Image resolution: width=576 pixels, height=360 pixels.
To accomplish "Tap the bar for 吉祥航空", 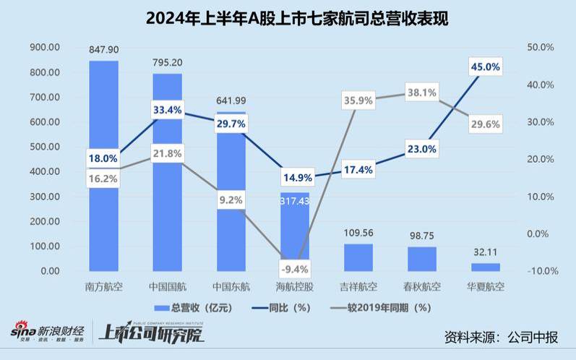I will tap(358, 257).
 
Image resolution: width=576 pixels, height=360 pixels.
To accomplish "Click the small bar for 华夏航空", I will tap(485, 267).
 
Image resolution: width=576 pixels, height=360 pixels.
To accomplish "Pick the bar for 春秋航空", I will tap(421, 258).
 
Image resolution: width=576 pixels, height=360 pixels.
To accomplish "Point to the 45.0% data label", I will tap(485, 67).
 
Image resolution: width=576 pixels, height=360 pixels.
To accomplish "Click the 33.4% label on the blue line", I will tap(167, 110).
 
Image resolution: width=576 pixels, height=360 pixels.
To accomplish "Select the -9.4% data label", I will tap(294, 270).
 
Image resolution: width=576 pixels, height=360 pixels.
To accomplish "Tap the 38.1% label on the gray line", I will tap(421, 93).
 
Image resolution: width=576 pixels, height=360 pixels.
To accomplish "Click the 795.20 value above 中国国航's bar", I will tap(167, 63).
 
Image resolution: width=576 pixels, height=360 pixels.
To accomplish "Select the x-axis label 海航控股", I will tap(294, 286).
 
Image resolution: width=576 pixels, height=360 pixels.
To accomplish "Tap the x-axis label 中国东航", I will tap(231, 286).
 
